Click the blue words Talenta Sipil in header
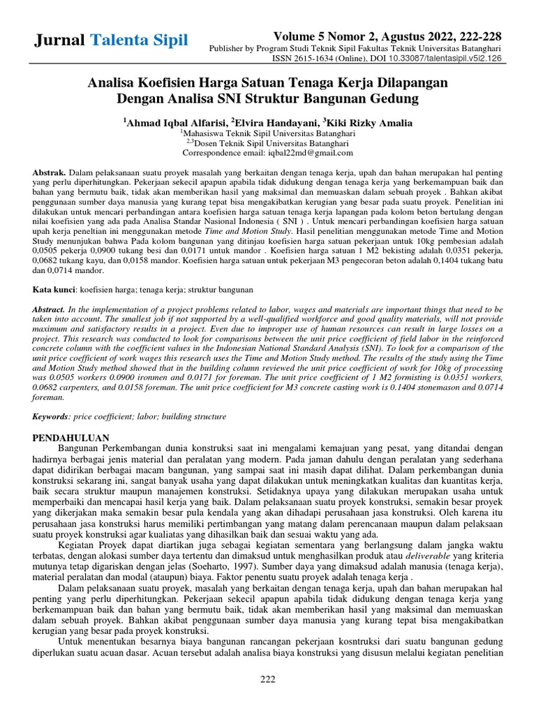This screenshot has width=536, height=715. (x=139, y=40)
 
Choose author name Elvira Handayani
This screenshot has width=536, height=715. (x=275, y=123)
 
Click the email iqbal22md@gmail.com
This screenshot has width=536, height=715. (x=309, y=153)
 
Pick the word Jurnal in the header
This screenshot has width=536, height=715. (x=59, y=40)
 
